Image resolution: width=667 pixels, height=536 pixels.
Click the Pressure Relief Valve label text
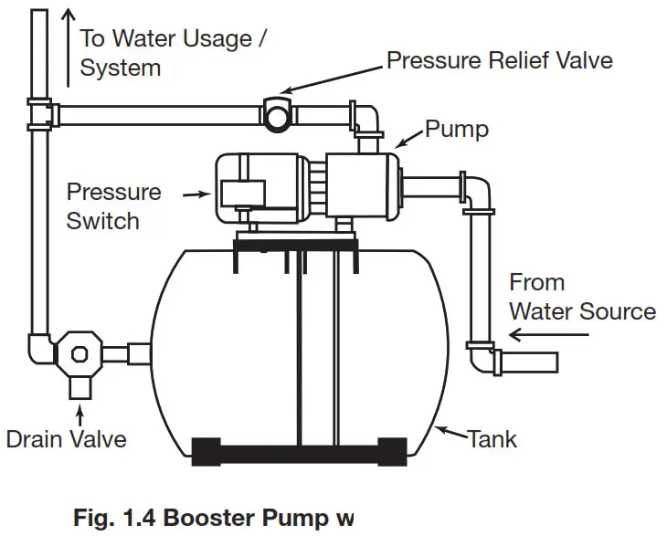pyautogui.click(x=499, y=60)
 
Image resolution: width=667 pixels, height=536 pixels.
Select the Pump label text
pyautogui.click(x=456, y=129)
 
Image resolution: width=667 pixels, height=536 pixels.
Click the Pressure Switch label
pyautogui.click(x=113, y=206)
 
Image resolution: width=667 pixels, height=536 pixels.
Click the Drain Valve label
pyautogui.click(x=66, y=438)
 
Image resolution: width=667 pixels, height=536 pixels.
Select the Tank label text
pyautogui.click(x=492, y=438)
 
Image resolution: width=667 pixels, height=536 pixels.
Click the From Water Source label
pyautogui.click(x=581, y=297)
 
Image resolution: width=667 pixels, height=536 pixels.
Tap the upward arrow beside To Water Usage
pyautogui.click(x=68, y=46)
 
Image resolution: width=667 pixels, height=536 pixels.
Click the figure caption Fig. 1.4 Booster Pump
pyautogui.click(x=213, y=518)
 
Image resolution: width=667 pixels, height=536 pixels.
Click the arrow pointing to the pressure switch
pyautogui.click(x=195, y=194)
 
